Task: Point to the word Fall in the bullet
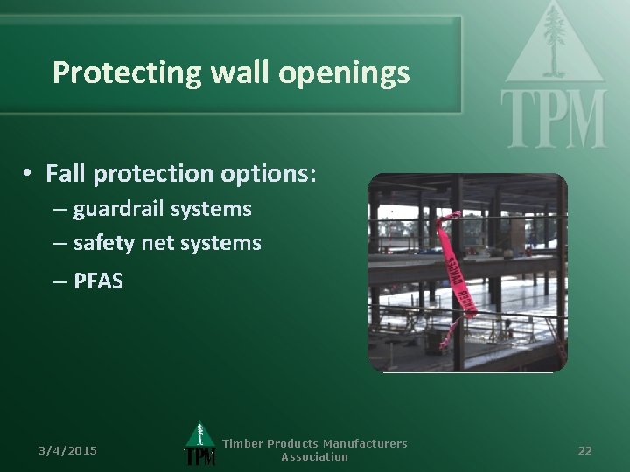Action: [66, 174]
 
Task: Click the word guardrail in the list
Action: [121, 210]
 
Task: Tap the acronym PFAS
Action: [98, 281]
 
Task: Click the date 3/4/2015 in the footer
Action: [67, 450]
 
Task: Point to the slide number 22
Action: [584, 450]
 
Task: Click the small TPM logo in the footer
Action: [199, 446]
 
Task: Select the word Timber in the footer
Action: [241, 444]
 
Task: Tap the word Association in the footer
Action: [314, 456]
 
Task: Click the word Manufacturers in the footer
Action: [364, 444]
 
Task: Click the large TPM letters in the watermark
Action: [553, 117]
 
